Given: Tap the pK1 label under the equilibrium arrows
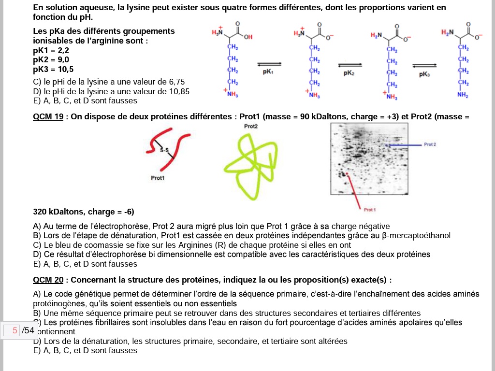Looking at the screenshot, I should point(268,71).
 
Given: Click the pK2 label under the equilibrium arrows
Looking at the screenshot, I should point(349,73).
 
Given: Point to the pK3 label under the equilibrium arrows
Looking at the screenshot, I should point(424,75).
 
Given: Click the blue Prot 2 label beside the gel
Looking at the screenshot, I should point(429,144).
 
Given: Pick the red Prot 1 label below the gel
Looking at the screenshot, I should point(370,210).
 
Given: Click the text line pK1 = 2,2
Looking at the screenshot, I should point(51,50).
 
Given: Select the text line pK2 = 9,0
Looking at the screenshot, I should point(51,60).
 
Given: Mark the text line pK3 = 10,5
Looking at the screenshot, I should point(53,69).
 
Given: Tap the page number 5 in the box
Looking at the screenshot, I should point(15,330).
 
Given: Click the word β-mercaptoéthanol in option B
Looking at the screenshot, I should point(416,235).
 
